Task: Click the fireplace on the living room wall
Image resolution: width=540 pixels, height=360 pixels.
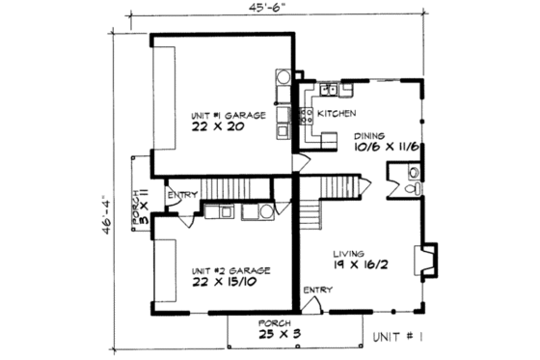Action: [x=421, y=261]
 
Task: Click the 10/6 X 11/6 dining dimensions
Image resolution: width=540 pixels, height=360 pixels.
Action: [x=391, y=148]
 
